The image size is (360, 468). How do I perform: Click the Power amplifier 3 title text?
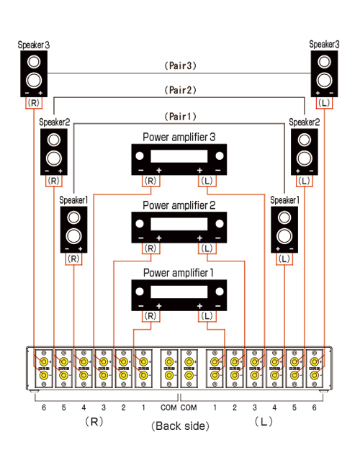(x=179, y=137)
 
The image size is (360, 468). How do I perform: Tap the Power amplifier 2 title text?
(x=179, y=205)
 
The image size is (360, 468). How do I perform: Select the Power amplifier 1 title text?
(x=179, y=272)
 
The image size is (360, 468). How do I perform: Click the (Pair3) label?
(x=181, y=66)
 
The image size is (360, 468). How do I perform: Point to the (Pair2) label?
(x=181, y=90)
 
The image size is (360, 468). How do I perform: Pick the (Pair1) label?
(x=181, y=117)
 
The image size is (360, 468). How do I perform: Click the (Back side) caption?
(x=180, y=426)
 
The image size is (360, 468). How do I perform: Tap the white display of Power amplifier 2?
(x=179, y=224)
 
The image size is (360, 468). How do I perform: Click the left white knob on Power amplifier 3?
(x=140, y=156)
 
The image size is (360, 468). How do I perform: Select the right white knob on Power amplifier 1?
(x=220, y=292)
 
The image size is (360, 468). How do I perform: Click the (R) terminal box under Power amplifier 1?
(x=150, y=316)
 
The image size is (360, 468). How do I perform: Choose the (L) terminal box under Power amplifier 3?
(x=207, y=181)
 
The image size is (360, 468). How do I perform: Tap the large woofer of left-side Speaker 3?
(x=34, y=81)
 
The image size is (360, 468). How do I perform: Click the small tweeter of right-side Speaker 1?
(x=284, y=217)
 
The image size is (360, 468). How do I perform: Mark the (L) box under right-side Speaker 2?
(x=305, y=181)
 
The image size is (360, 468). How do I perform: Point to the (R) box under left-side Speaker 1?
(x=73, y=258)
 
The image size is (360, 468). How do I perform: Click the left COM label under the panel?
(x=168, y=408)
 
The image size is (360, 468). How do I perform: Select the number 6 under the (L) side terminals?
(x=315, y=408)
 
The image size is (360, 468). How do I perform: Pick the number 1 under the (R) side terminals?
(x=143, y=408)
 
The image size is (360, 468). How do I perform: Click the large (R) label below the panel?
(x=94, y=422)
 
